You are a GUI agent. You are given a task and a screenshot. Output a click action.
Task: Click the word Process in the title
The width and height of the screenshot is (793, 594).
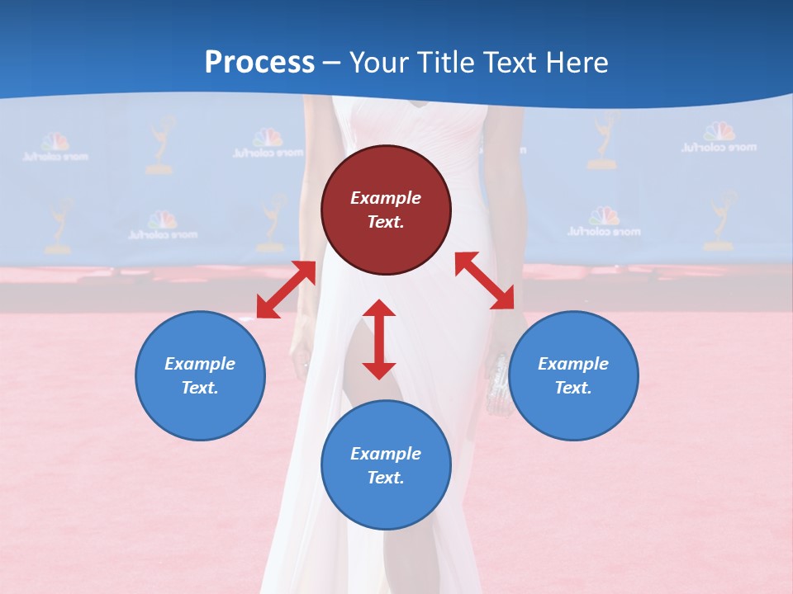tap(259, 63)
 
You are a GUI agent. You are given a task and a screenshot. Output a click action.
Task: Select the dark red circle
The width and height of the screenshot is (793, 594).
tap(386, 210)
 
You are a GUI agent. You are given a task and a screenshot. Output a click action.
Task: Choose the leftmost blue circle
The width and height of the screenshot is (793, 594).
tap(200, 375)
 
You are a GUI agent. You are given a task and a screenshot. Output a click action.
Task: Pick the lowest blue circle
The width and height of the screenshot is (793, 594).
tap(386, 465)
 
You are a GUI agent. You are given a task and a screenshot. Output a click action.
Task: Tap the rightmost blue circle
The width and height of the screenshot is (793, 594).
tap(573, 375)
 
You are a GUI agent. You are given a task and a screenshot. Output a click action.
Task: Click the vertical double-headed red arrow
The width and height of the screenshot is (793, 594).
tap(379, 339)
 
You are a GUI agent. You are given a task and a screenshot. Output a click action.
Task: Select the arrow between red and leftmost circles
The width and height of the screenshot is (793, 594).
tap(286, 290)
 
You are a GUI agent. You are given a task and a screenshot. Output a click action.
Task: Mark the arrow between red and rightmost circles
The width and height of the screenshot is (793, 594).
tap(484, 280)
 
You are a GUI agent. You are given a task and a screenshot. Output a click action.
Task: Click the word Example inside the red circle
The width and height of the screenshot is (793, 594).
tap(386, 198)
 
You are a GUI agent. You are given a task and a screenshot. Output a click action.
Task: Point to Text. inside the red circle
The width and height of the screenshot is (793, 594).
tap(386, 222)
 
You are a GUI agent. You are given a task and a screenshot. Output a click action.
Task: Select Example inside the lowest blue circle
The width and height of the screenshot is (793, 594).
tap(386, 453)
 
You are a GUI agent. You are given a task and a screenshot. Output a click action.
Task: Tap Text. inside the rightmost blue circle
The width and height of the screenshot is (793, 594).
tap(573, 388)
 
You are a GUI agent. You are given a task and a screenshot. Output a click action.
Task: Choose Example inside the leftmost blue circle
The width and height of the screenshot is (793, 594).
tap(200, 363)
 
